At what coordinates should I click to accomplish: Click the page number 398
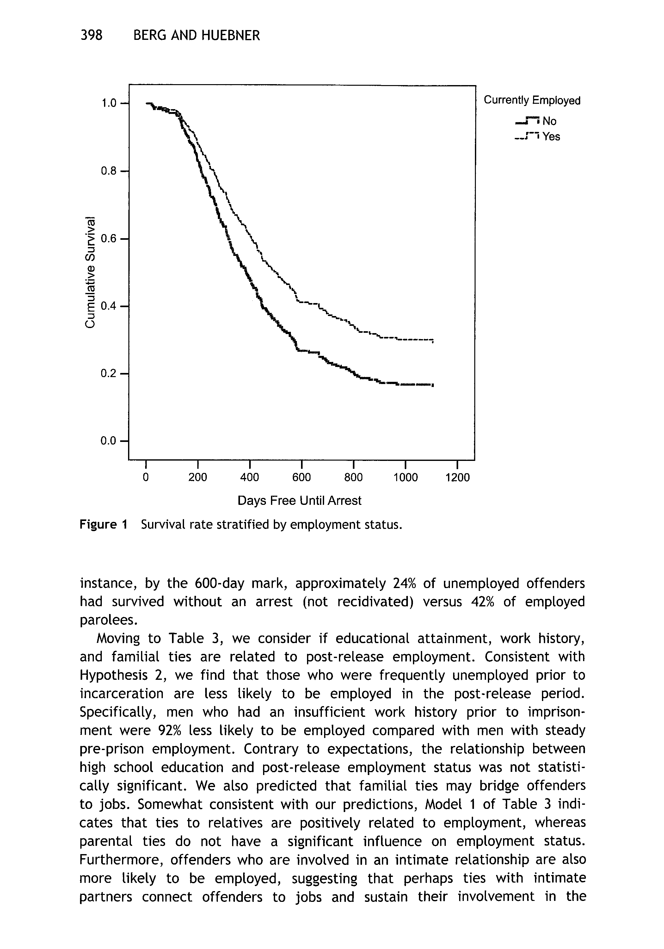[91, 35]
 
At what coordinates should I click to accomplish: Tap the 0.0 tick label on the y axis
[109, 441]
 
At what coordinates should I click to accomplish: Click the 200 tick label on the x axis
[198, 477]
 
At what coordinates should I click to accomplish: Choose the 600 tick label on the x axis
[301, 477]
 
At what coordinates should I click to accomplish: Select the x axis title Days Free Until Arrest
[299, 500]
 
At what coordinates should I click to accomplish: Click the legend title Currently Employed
[532, 101]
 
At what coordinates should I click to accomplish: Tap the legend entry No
[549, 121]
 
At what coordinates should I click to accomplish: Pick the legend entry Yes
[551, 136]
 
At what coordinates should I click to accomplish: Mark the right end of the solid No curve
[432, 385]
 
